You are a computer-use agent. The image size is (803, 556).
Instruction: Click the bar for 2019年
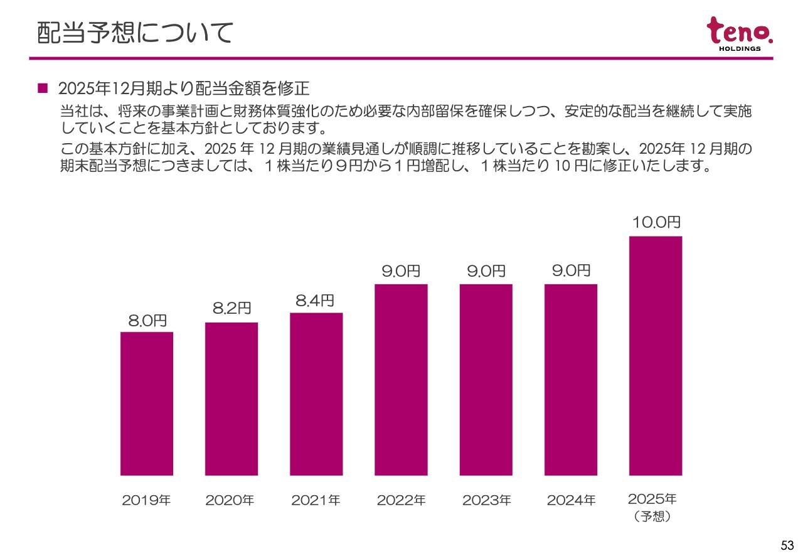(147, 404)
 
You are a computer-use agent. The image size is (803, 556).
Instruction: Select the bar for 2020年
(231, 398)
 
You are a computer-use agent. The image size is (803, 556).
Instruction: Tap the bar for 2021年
(316, 394)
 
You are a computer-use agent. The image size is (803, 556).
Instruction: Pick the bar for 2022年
(401, 380)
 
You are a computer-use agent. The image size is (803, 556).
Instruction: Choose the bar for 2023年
(486, 380)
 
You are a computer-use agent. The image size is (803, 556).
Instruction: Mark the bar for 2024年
(571, 380)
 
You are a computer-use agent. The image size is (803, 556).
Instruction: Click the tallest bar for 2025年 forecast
(656, 356)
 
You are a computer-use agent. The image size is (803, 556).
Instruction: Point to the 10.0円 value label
(656, 223)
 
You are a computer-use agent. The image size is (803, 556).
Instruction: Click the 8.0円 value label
(147, 321)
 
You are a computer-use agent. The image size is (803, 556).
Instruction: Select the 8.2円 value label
(231, 308)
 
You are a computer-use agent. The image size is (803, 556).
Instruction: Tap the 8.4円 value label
(315, 301)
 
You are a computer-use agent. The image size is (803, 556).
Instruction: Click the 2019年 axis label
(146, 501)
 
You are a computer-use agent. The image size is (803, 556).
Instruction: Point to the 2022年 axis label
(401, 501)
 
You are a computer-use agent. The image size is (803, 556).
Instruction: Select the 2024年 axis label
(571, 501)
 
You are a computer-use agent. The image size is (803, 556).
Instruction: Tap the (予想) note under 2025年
(652, 517)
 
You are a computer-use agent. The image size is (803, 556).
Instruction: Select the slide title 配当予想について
(135, 33)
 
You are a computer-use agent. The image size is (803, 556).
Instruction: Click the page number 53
(787, 545)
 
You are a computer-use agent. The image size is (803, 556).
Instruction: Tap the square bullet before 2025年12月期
(43, 88)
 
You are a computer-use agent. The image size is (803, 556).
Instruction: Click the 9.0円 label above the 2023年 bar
(486, 271)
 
